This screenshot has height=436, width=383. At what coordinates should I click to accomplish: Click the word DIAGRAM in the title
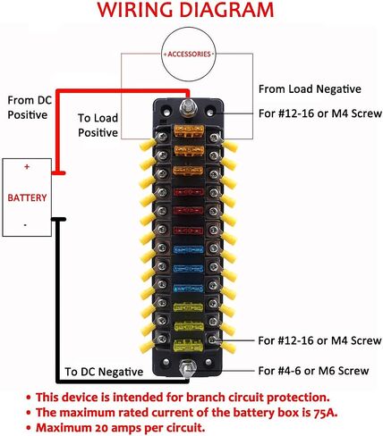pos(226,10)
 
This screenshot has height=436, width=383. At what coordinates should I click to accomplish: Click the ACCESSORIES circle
pos(189,28)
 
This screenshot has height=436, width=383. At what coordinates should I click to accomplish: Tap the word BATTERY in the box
pos(27,197)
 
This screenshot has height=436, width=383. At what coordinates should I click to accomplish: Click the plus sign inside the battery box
pos(27,166)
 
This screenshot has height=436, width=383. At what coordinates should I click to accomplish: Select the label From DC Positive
pos(30,107)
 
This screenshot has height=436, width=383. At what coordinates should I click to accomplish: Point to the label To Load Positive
pos(98,125)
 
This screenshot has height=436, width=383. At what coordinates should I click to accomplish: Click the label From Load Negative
pos(310,89)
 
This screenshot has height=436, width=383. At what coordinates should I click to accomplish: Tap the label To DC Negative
pos(104,372)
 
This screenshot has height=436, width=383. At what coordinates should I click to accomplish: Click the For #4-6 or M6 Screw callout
pos(313,371)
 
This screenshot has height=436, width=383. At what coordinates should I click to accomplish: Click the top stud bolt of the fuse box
pos(187,107)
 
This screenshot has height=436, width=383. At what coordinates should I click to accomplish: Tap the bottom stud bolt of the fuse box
pos(187,368)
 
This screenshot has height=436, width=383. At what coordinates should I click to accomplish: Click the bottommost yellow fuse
pos(188,346)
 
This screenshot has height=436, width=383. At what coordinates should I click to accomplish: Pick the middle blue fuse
pos(188,269)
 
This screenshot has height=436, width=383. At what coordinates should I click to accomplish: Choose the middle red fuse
pos(188,211)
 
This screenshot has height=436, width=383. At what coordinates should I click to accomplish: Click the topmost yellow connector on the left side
pos(148,145)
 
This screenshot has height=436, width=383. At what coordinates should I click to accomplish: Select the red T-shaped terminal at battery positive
pos(59,172)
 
